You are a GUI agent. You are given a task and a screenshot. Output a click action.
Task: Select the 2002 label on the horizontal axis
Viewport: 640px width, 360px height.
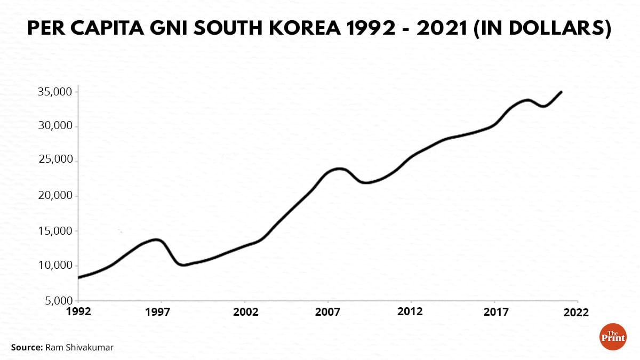(246, 311)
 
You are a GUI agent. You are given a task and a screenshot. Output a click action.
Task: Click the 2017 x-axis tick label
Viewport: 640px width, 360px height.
(495, 311)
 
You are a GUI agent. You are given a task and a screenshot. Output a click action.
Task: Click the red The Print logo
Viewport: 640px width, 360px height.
(613, 337)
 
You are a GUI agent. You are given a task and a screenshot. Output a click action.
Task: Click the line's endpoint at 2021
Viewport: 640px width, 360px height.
(561, 92)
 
